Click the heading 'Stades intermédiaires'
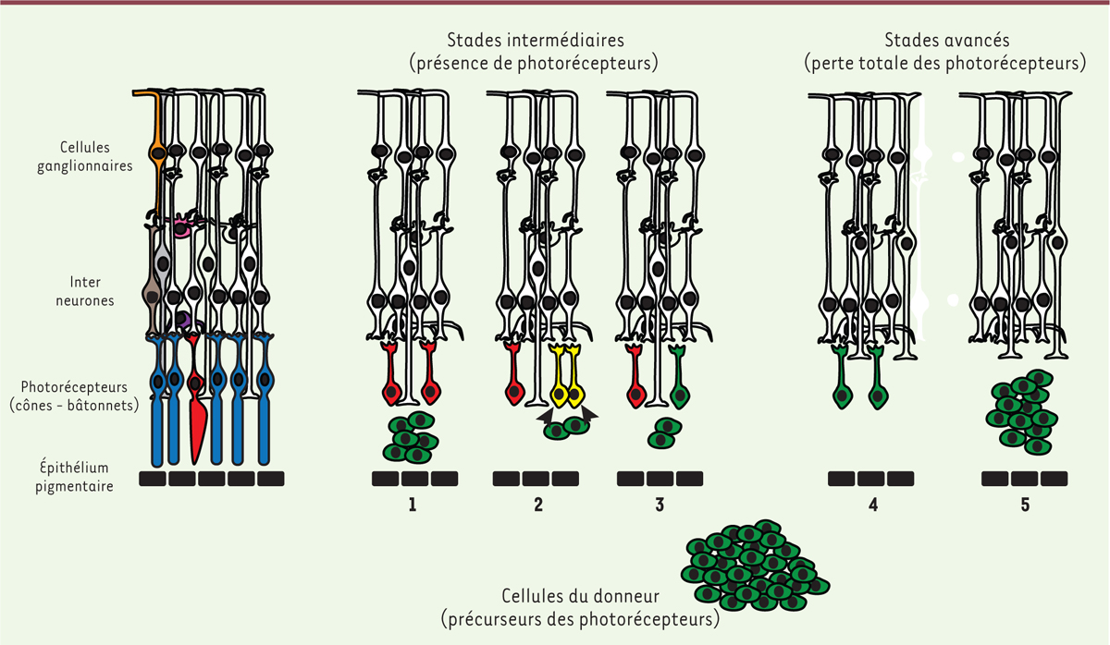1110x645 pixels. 536,40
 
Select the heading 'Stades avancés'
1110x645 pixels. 947,40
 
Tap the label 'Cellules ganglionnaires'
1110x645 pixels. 85,156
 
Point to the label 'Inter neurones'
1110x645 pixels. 85,291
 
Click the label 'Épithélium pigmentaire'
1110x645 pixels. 74,476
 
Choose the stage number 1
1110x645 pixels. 413,505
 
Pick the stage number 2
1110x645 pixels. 538,505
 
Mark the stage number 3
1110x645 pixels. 660,505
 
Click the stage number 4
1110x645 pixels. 873,505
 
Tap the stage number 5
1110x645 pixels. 1025,505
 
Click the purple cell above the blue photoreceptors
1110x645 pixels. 184,321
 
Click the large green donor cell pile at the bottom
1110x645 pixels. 755,566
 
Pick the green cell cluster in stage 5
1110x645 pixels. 1022,412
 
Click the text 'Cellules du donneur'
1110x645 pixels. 580,596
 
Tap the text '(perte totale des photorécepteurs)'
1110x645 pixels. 945,64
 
